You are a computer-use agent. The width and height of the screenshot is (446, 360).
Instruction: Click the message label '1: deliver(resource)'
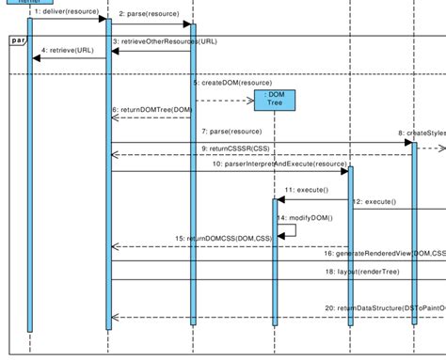click(65, 11)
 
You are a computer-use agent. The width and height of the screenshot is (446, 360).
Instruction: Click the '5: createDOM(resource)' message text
click(232, 83)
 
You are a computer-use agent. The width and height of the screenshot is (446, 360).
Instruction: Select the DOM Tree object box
click(274, 100)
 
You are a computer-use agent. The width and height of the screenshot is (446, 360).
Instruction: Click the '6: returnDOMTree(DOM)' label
click(153, 109)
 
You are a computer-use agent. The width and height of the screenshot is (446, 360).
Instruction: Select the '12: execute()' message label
click(374, 202)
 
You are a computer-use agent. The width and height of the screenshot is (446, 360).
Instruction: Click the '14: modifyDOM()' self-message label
click(298, 217)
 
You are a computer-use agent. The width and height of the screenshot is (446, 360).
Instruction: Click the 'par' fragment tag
click(18, 40)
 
